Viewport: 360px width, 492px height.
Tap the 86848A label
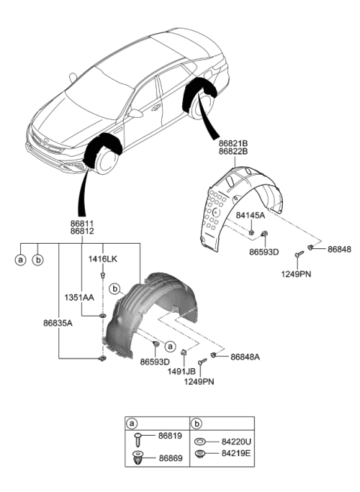pos(245,357)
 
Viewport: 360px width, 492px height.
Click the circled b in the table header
pos(197,424)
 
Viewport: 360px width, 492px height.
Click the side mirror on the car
pos(136,114)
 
